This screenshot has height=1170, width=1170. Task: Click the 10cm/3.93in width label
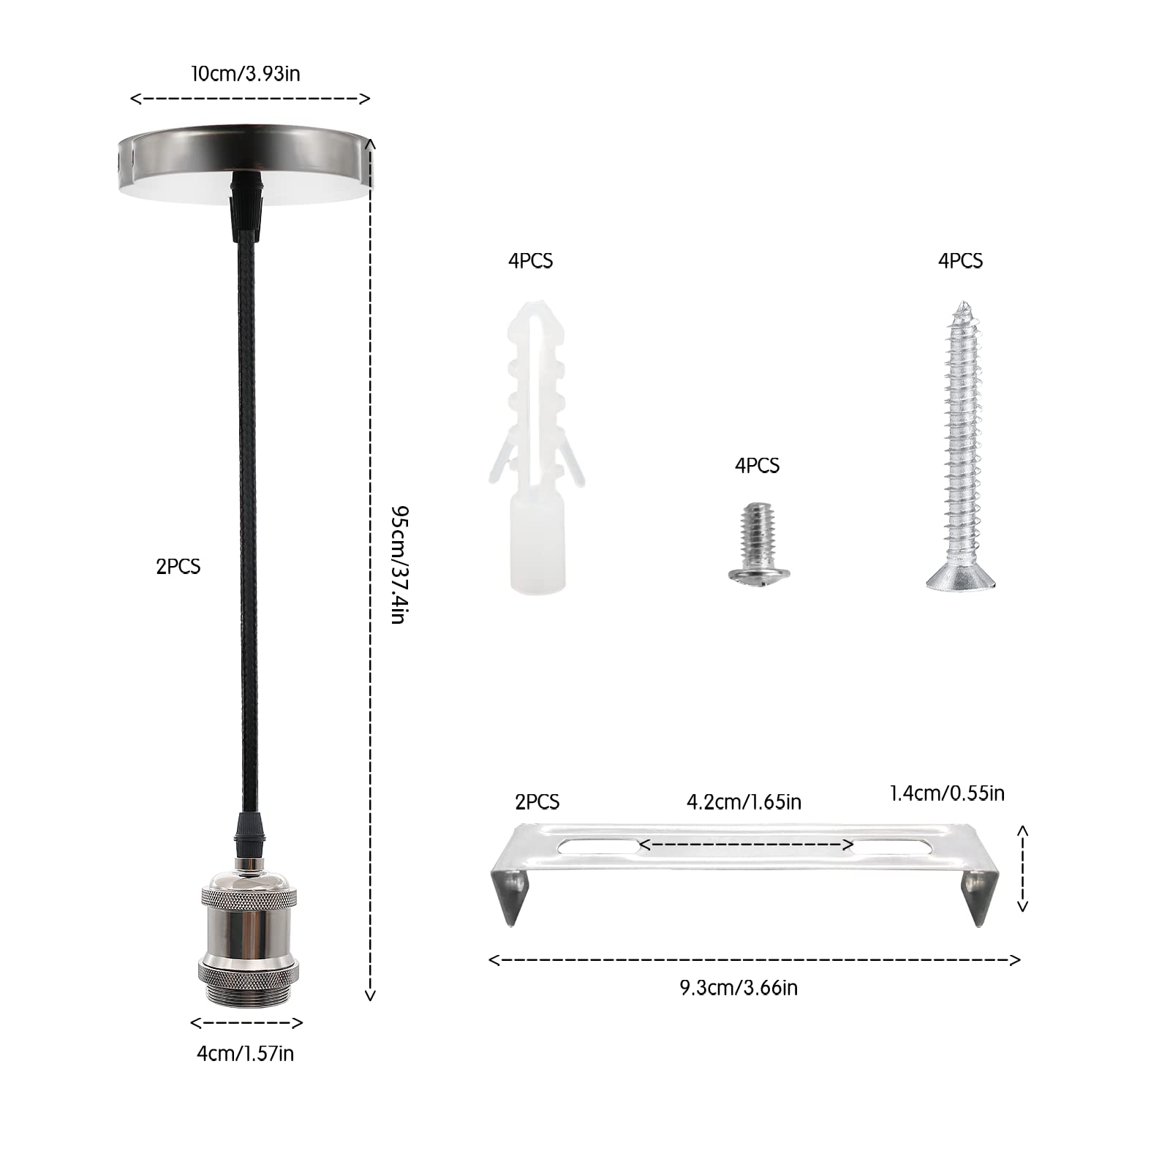point(246,74)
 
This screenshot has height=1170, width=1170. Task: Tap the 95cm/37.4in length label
point(398,565)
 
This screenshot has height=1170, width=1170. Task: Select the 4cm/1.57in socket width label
point(246,1054)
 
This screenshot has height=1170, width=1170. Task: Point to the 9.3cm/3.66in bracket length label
point(739,988)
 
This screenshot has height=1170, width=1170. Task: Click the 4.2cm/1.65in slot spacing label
point(744,802)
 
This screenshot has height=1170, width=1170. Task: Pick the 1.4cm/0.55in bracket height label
point(947,793)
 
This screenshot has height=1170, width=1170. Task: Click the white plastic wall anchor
point(537,446)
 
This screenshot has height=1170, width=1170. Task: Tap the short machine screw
point(758,542)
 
